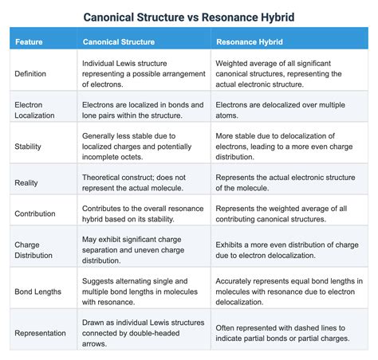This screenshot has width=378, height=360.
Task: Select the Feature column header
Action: [x=29, y=41]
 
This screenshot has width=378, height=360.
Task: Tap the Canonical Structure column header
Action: [x=119, y=41]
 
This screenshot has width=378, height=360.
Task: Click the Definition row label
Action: [x=31, y=73]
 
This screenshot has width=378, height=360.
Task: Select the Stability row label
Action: [x=28, y=147]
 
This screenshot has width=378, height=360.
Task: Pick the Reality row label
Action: [x=26, y=182]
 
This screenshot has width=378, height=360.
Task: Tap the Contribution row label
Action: [x=35, y=214]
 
